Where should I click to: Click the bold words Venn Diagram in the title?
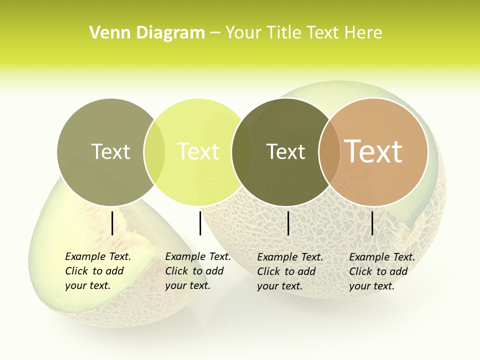147,33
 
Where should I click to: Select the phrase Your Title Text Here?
303,33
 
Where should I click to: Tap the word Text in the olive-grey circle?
110,151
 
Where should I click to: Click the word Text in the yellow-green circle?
198,151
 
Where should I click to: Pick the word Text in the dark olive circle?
285,151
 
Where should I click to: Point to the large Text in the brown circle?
373,151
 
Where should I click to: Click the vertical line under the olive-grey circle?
112,223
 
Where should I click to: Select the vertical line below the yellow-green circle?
200,223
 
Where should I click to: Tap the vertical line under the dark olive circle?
288,223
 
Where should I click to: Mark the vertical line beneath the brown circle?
372,223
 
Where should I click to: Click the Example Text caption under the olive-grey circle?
97,271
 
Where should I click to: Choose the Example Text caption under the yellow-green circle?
197,271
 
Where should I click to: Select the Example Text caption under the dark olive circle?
289,271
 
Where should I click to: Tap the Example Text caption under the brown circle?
381,271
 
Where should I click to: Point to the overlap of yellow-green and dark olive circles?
242,151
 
